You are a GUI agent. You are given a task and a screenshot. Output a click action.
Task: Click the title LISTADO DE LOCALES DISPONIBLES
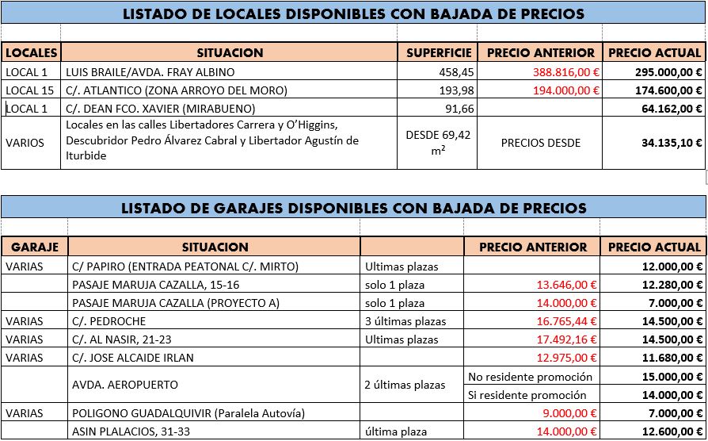point(353,13)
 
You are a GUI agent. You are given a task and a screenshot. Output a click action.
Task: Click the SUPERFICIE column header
point(439,52)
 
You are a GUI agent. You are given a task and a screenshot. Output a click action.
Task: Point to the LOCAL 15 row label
point(30,90)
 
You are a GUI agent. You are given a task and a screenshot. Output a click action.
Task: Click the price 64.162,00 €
point(672,108)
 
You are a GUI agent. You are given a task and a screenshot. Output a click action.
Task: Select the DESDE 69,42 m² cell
point(438,143)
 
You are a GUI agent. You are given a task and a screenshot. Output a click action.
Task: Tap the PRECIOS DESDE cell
point(541,143)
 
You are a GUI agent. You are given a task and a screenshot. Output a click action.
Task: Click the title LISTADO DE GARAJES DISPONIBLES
point(353,209)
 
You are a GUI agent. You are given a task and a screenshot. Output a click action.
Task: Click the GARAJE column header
point(35,247)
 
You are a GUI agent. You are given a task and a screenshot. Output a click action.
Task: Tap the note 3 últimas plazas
point(405,321)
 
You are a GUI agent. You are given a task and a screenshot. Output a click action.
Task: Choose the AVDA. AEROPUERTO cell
point(125,385)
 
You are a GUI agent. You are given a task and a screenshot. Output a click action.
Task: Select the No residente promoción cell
point(530,377)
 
